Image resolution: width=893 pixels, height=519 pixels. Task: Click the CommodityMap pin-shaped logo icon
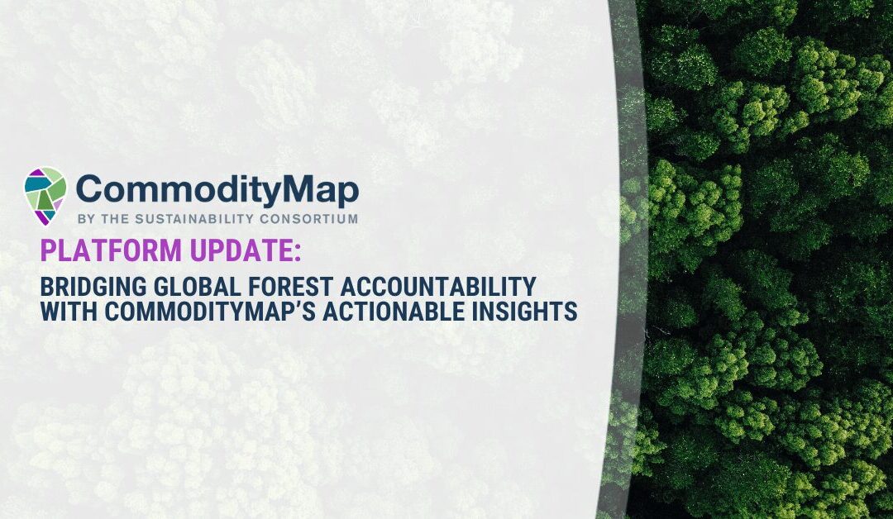click(45, 195)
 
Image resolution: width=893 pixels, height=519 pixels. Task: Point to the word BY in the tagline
click(84, 219)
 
